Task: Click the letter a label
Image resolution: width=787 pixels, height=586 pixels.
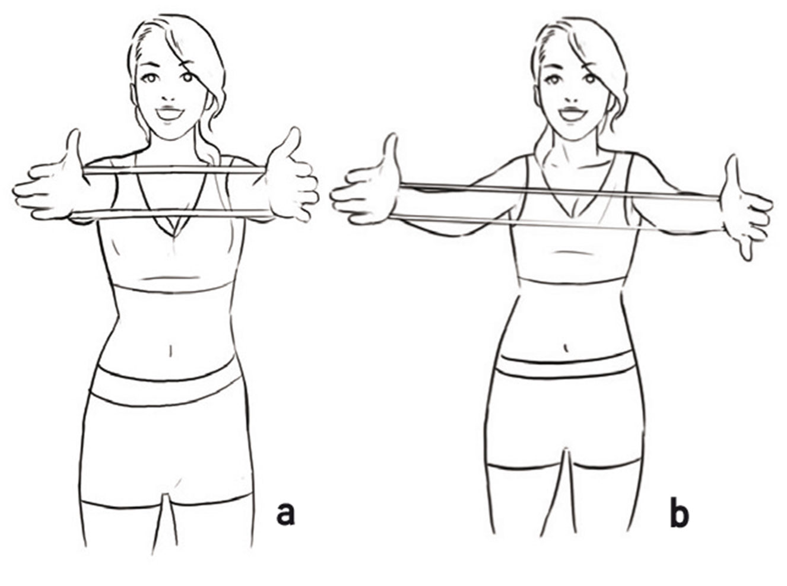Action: tap(285, 513)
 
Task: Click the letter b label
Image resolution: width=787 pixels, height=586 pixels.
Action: tap(679, 514)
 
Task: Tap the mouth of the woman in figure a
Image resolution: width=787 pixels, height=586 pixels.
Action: tap(170, 112)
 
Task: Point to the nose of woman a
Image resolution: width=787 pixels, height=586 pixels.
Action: tap(169, 95)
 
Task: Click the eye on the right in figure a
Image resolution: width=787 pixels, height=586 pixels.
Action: tap(188, 77)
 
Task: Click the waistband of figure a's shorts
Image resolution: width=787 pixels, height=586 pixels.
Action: tap(166, 386)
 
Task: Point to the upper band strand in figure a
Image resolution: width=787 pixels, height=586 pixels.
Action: tap(172, 170)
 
